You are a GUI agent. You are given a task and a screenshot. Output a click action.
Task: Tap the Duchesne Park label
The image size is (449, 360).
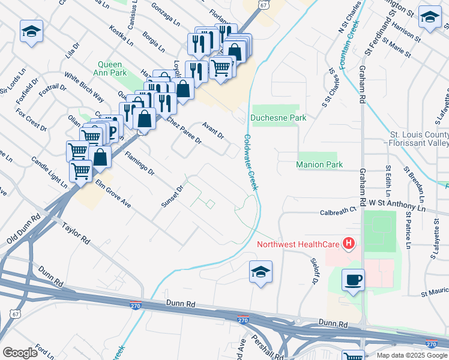279,118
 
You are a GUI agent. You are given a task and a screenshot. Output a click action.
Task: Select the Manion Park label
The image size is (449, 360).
319,164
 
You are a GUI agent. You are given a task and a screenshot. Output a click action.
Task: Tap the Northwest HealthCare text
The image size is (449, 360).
298,244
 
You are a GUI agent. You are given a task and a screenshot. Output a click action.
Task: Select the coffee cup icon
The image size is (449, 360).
353,280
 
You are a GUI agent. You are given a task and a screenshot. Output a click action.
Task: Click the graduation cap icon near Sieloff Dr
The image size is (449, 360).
261,271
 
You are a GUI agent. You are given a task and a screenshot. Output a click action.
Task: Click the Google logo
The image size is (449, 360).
20,352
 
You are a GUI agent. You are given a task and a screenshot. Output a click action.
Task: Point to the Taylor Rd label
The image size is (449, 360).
76,233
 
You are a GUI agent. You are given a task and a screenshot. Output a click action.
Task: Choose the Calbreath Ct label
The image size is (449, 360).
338,211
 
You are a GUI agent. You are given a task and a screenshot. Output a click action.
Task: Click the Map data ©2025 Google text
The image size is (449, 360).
411,355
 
